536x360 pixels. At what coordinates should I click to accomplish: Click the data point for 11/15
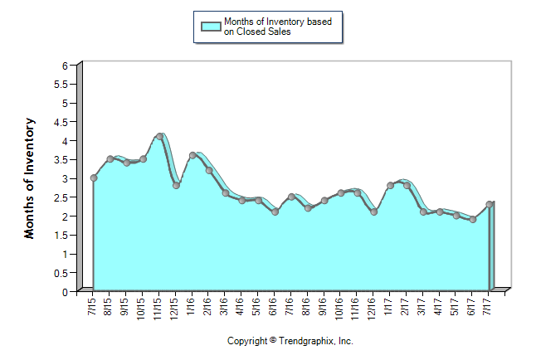click(159, 136)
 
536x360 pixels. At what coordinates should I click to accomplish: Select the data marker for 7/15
click(94, 178)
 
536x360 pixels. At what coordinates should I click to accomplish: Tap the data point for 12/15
click(176, 185)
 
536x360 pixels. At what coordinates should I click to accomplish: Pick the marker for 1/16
click(192, 155)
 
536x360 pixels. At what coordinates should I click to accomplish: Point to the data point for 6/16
click(275, 212)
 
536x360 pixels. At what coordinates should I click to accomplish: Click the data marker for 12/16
click(374, 212)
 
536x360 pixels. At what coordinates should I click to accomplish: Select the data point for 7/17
click(490, 204)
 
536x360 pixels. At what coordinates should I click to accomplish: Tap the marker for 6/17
click(473, 219)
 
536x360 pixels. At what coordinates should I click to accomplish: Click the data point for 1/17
click(390, 185)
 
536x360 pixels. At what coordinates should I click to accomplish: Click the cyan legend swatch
click(211, 26)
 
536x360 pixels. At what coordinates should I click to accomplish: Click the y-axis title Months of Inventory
click(30, 178)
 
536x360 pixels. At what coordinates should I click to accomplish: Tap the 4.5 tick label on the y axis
click(60, 121)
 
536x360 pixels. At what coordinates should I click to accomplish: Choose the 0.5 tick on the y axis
click(60, 272)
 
